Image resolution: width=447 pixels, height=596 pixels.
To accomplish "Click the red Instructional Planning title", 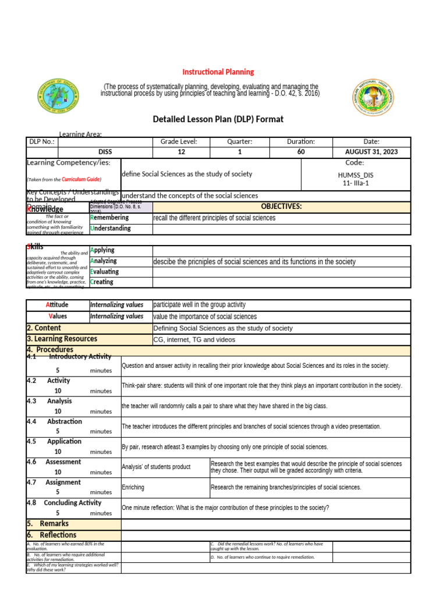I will (218, 72).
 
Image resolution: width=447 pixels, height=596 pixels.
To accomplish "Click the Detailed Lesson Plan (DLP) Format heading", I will (218, 119).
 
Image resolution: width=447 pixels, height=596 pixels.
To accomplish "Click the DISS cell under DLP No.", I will (105, 152).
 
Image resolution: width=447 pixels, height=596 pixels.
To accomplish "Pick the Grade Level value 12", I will (182, 152).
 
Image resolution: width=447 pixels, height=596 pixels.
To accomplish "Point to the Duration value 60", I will (300, 152).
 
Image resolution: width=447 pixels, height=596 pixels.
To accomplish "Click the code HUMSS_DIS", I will (356, 174).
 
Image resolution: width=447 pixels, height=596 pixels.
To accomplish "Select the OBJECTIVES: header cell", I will (281, 207).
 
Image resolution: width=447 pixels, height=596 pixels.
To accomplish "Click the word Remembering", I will (109, 218).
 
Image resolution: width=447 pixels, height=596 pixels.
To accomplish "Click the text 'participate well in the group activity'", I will (199, 305).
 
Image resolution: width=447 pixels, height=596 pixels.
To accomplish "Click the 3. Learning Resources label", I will (62, 339).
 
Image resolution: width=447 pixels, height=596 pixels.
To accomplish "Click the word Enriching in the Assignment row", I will (133, 487).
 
